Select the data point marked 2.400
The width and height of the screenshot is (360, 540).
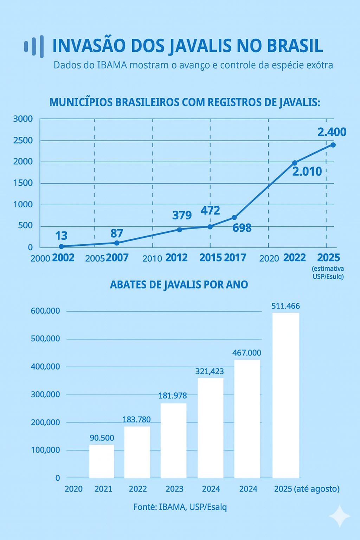pos(333,145)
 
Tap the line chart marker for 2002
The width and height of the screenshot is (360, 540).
pos(62,246)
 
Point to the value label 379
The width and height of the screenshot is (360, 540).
pos(182,215)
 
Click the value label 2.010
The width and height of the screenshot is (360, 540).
pos(307,172)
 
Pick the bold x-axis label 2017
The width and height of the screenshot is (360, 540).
pos(235,258)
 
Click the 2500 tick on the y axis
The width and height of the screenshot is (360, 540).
pos(23,140)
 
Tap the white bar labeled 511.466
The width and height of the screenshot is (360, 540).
pos(285,395)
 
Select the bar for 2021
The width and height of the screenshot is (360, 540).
pos(102,461)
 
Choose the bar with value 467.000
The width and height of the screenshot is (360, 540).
pos(247,419)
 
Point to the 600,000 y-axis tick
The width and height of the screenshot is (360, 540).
pos(45,311)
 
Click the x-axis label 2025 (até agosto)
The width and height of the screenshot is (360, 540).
pos(307,489)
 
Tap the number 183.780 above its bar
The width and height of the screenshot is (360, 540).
pos(136,419)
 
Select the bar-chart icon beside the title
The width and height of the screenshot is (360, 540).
pos(34,46)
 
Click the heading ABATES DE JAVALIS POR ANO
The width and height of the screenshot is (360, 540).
pos(179,284)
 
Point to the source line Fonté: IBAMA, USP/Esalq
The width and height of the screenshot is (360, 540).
pos(180,507)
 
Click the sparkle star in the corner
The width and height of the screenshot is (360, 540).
pos(340,516)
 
